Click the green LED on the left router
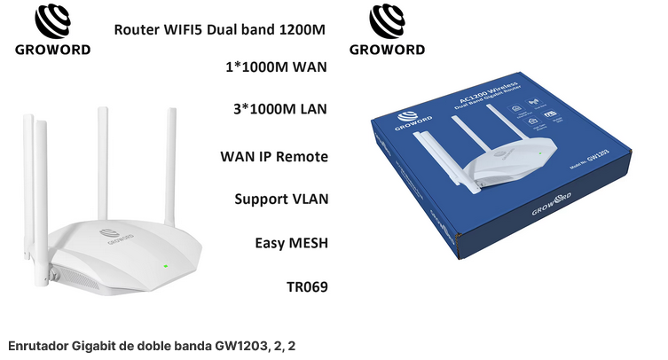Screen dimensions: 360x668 [165, 265]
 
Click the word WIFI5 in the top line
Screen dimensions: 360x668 [185, 29]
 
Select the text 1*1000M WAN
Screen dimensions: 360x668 [277, 67]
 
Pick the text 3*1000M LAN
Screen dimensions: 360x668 [279, 109]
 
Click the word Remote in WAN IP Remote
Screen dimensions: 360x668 [301, 157]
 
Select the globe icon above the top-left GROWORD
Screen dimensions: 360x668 [52, 20]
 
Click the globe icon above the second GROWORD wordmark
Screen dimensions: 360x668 [387, 20]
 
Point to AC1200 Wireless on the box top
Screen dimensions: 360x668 [493, 100]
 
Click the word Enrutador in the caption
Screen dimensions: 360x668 [36, 343]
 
